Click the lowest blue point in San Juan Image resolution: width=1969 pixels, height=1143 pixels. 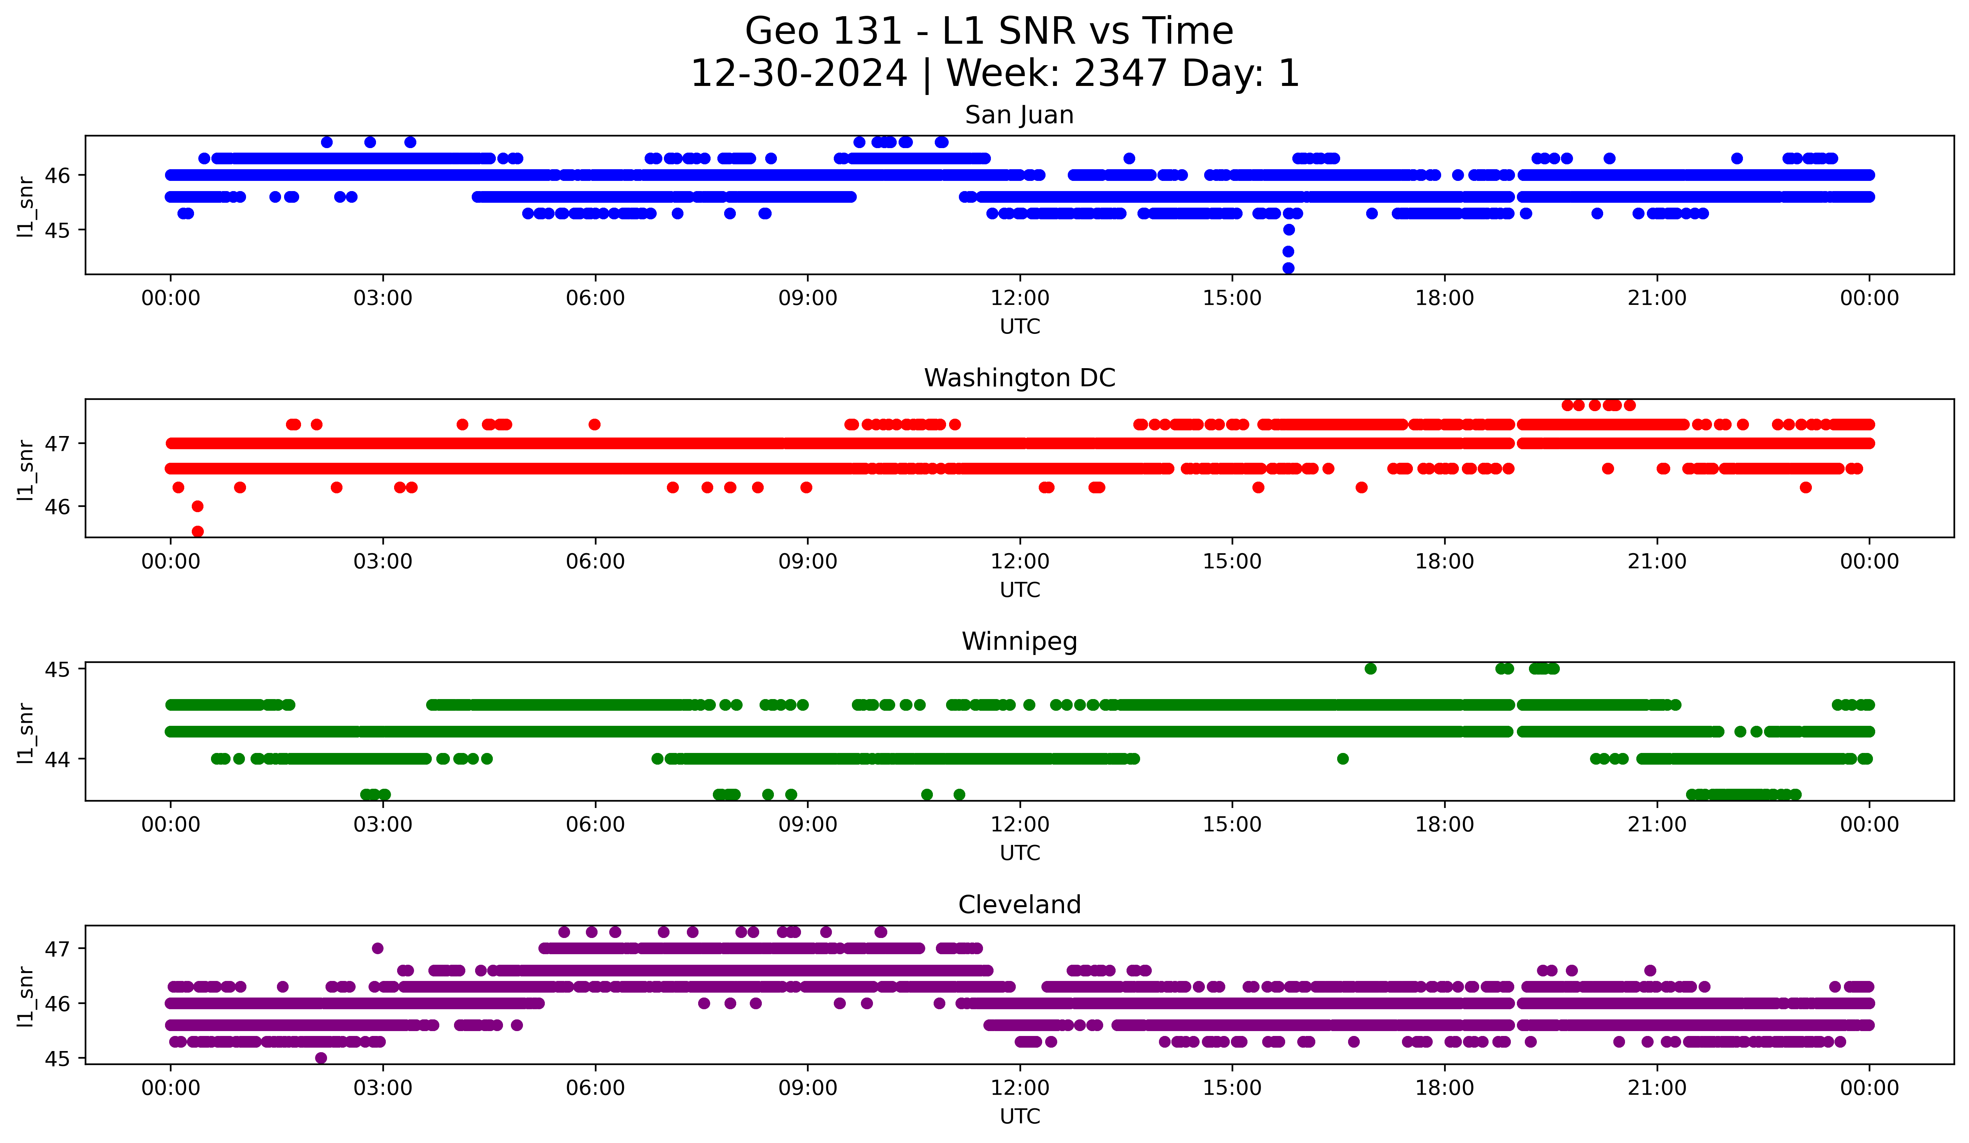click(1289, 268)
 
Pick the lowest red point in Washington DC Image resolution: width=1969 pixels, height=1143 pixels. click(198, 531)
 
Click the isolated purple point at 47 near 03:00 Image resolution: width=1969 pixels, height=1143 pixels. click(378, 949)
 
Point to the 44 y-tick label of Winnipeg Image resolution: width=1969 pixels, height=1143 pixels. click(57, 759)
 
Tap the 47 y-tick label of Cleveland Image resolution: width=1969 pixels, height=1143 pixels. click(57, 949)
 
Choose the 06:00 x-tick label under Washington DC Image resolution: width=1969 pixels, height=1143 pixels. click(595, 562)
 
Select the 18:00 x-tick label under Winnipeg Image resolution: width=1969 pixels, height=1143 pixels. click(1444, 825)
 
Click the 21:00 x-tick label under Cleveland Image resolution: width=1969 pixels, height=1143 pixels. click(1656, 1088)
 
